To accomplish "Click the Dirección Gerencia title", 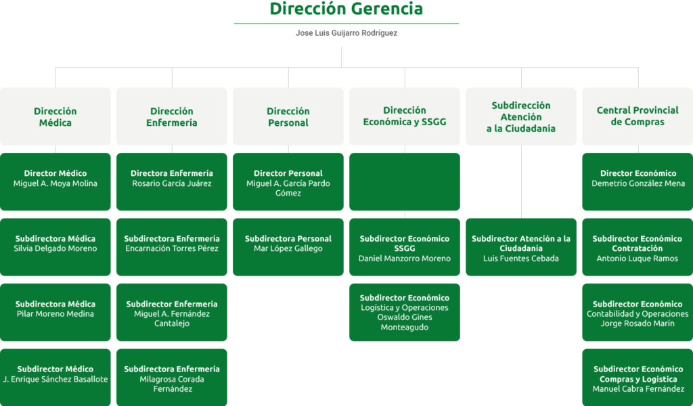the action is [x=346, y=8].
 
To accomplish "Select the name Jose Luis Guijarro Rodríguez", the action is [x=346, y=33].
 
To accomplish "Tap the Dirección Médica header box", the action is [x=55, y=116].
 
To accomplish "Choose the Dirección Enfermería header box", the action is [x=172, y=116].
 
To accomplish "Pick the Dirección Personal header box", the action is [x=288, y=116].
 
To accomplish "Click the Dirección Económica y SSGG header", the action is [x=405, y=116].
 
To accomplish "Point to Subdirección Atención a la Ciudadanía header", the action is [x=521, y=116].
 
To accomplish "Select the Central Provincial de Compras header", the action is [x=638, y=116].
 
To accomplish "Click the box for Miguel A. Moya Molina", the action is [x=55, y=181].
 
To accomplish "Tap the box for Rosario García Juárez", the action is [x=172, y=181].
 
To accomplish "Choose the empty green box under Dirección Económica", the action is [x=405, y=181].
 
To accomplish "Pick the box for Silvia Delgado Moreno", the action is [x=55, y=247].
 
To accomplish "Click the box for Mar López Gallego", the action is [x=288, y=247].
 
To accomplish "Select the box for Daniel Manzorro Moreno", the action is [x=405, y=247].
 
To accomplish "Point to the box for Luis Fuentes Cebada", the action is [x=521, y=247].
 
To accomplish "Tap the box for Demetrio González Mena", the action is [x=638, y=181].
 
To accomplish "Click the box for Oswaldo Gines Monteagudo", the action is [x=405, y=313].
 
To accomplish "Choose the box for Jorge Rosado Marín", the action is [x=638, y=313].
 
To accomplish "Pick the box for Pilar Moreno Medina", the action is [x=55, y=313].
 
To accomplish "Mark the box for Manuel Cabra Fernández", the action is [x=638, y=378].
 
